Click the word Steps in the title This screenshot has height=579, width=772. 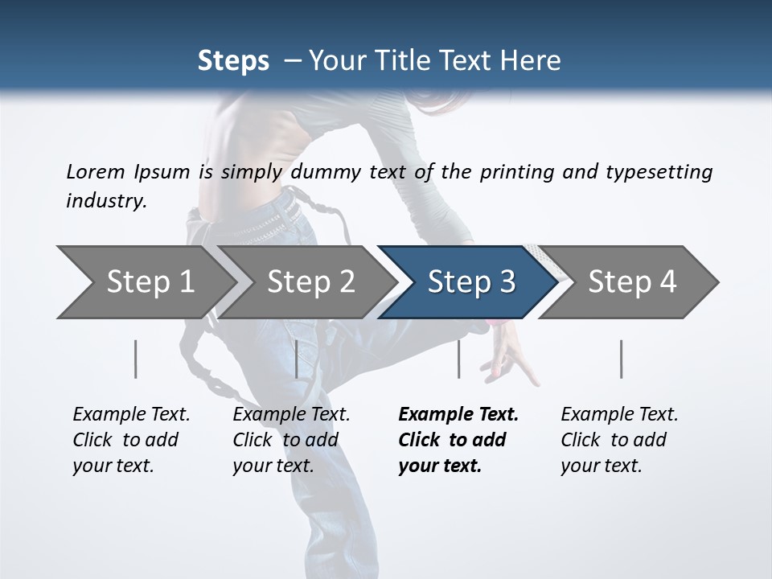233,60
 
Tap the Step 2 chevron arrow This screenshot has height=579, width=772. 306,282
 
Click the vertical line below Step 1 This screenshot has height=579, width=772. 135,359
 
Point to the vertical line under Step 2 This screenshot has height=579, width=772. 297,359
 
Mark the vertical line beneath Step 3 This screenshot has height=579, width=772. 458,359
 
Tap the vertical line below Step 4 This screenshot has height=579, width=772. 621,359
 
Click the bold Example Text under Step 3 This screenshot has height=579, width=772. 458,415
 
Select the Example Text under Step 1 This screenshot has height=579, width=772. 131,415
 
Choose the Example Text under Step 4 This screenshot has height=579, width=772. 619,415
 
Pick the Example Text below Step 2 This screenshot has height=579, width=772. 291,415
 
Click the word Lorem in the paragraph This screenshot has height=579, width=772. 96,171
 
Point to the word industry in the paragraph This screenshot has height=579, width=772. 106,201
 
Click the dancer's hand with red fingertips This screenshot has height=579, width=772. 515,354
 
